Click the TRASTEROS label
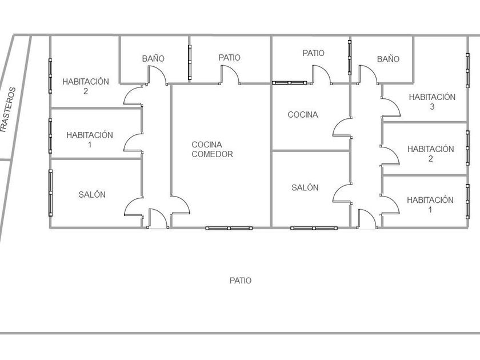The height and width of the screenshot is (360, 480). coord(8,110)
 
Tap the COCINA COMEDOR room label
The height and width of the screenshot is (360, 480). coord(212,149)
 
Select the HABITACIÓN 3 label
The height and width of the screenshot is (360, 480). coord(431,101)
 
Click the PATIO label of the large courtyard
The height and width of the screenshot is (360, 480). coord(241,281)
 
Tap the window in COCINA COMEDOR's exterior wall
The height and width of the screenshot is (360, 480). coord(229,228)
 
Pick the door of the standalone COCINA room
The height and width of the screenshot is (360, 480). coord(342,127)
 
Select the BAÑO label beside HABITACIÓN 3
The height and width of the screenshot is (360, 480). coord(388,59)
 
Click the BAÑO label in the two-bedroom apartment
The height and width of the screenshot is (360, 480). coord(153,58)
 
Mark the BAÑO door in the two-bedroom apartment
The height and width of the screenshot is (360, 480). coord(157,75)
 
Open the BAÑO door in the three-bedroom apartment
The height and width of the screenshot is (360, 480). coord(368,74)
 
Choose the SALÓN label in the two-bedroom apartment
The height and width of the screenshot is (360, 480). coord(92,194)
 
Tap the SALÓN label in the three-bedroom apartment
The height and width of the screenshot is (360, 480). coord(305,187)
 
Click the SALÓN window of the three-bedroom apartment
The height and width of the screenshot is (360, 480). coord(313,228)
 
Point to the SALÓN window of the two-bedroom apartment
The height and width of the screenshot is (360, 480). coord(50,191)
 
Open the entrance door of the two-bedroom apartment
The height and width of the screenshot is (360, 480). coord(157,218)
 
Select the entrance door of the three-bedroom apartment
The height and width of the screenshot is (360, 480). coord(367,218)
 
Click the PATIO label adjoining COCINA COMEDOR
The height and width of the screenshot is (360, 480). coord(229,58)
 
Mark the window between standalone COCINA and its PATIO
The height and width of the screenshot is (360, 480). coord(290,83)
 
